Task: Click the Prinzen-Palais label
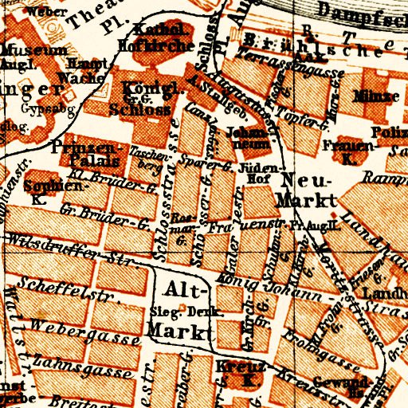84,154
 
